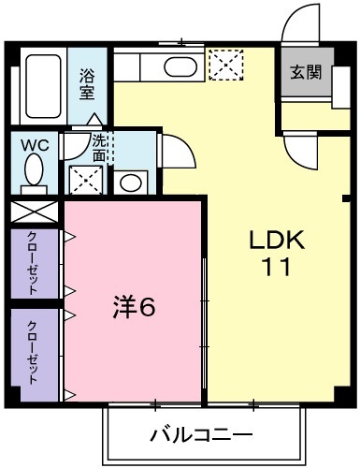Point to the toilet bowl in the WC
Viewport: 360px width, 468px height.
(x=34, y=172)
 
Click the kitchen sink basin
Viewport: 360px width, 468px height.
(x=175, y=66)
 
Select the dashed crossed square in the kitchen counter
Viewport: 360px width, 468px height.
(x=224, y=66)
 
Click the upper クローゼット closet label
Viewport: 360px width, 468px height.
(x=33, y=263)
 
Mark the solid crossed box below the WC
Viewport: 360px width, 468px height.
(x=36, y=211)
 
